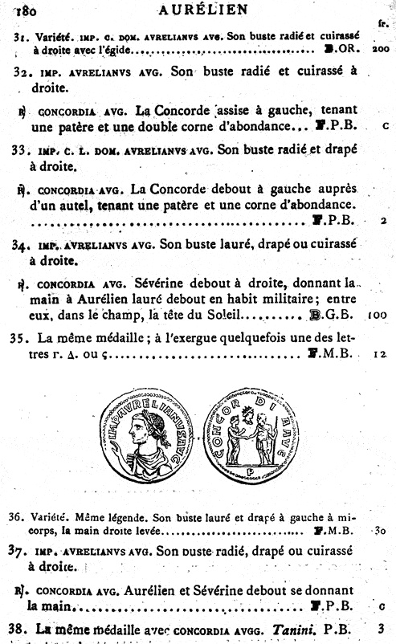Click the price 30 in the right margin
(x=381, y=531)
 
